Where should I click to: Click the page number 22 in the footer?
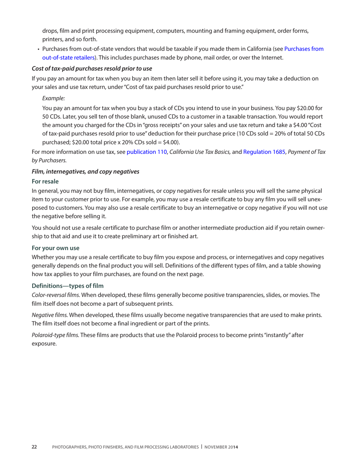34,447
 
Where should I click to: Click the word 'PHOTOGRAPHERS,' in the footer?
71,447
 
